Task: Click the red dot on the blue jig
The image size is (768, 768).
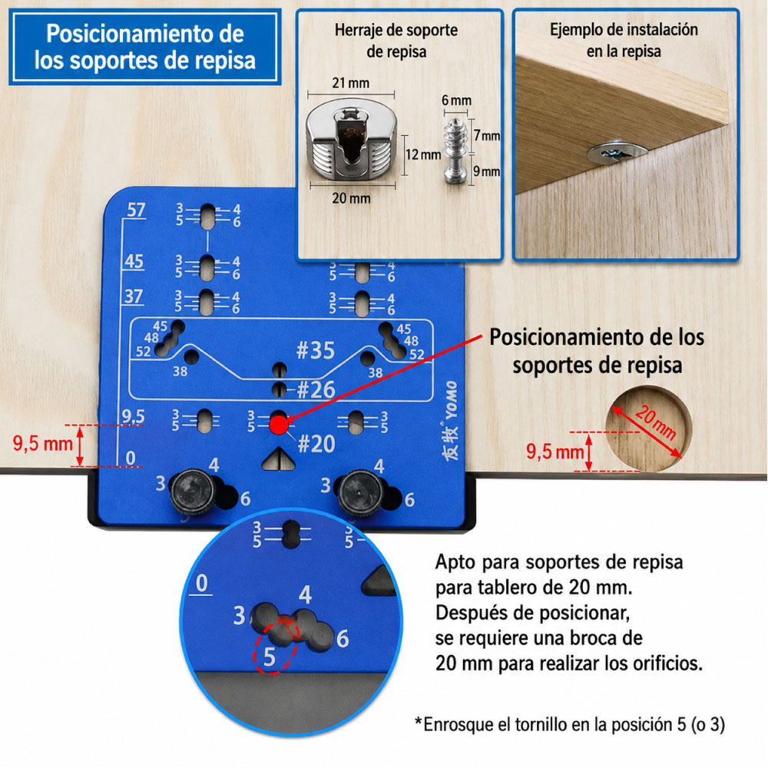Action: coord(279,425)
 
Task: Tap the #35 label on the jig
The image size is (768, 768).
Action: coord(316,351)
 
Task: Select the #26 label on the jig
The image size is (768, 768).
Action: coord(316,390)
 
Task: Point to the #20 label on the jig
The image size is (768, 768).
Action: coord(316,444)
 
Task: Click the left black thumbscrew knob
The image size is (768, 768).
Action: coord(193,492)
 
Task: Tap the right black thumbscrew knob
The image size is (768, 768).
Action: coord(360,492)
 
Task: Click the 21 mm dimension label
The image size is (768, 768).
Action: coord(351,83)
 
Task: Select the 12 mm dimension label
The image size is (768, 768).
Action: coord(424,155)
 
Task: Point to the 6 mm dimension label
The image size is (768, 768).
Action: coord(456,101)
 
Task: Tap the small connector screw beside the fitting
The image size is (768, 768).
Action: coord(455,151)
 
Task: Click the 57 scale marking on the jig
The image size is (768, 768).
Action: coord(136,210)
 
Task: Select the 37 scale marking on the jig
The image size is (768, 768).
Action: coord(133,296)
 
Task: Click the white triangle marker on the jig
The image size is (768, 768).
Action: coord(278,459)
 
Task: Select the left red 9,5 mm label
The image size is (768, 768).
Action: coord(42,443)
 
